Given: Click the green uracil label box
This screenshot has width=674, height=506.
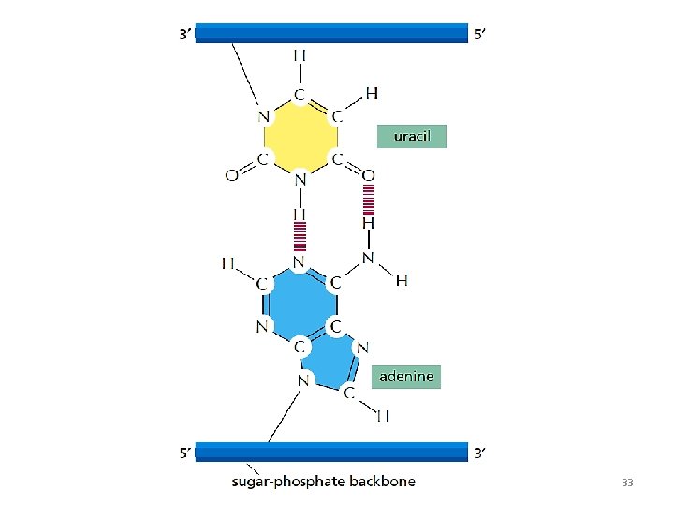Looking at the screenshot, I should click(412, 136).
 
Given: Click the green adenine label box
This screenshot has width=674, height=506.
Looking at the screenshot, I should click(406, 377).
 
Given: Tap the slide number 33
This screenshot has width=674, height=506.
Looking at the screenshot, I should click(627, 483).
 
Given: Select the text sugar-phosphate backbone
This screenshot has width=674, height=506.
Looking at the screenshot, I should click(324, 483).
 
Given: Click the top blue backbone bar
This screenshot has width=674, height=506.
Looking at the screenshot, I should click(331, 34).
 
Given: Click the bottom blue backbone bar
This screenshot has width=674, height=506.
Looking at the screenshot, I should click(331, 453).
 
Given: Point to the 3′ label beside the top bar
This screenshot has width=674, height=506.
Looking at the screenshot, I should click(185, 35).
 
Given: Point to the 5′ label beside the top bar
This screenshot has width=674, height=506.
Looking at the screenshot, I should click(479, 35).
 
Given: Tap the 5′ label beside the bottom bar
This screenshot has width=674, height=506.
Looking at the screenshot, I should click(187, 454).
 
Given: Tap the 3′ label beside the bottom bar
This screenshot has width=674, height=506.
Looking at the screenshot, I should click(479, 454).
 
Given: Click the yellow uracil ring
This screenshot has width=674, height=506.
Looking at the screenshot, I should click(300, 136).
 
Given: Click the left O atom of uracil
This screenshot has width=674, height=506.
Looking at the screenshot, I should click(231, 174).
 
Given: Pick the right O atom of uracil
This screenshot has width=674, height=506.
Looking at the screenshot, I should click(369, 174).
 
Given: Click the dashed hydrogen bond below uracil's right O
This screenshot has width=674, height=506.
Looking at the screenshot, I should click(369, 199).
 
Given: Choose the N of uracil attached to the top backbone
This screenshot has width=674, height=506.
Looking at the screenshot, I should click(264, 117).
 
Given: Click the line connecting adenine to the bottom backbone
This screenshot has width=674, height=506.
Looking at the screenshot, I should click(283, 415).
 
